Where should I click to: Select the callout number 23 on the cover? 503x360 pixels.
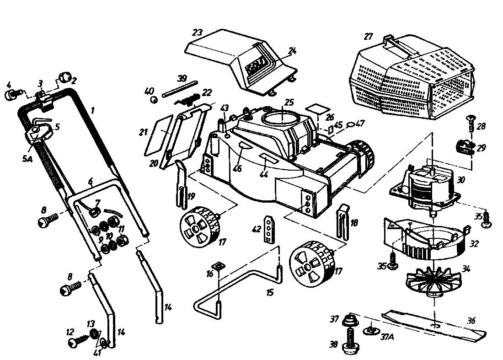197,33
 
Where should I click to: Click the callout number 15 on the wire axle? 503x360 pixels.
270,291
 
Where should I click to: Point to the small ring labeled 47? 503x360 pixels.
349,123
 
